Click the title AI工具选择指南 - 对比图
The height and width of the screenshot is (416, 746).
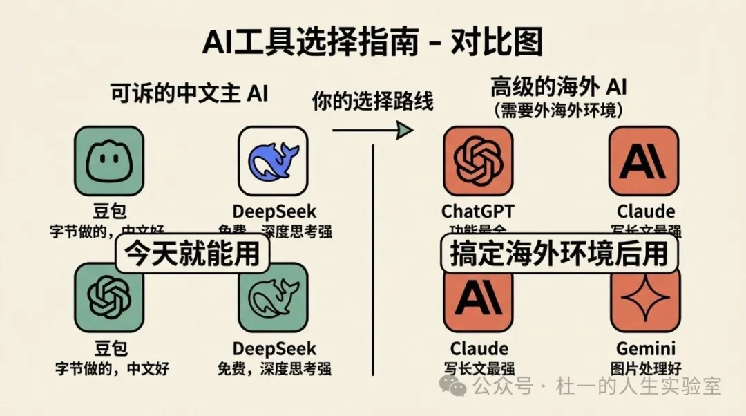pos(372,43)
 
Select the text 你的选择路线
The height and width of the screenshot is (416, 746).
pos(372,102)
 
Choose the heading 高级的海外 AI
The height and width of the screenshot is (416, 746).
pos(558,88)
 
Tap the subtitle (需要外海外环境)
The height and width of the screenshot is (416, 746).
pos(558,110)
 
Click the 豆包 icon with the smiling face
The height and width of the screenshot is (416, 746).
pos(109,160)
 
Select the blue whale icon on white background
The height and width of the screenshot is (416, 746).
pos(273,160)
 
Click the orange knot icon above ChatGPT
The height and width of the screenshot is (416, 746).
pos(478,160)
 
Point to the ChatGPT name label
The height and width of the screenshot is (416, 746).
pos(478,211)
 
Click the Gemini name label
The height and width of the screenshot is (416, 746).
pos(645,348)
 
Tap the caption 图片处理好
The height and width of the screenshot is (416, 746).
pos(645,368)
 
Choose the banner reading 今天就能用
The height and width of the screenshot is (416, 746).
pos(191,254)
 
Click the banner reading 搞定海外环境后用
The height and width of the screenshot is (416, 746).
pos(559,254)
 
